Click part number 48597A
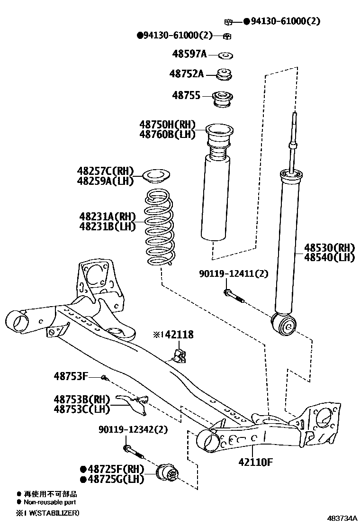pyautogui.click(x=189, y=54)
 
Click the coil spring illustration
pyautogui.click(x=159, y=228)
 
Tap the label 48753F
pyautogui.click(x=71, y=376)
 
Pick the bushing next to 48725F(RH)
pyautogui.click(x=168, y=472)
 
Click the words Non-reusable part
pyautogui.click(x=50, y=502)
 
